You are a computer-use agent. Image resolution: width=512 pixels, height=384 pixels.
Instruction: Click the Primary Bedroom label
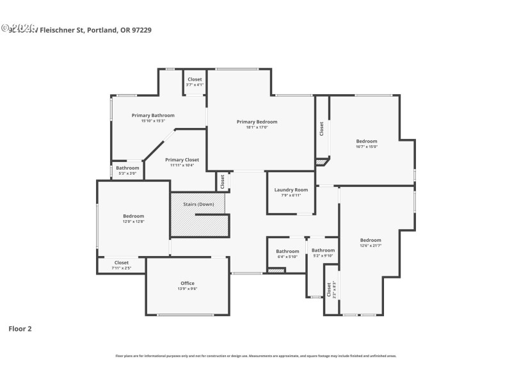coord(257,122)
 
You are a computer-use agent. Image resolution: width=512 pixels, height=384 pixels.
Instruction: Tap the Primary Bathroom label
coord(153,115)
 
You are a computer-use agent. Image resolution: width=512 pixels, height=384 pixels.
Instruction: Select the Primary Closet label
coord(182,159)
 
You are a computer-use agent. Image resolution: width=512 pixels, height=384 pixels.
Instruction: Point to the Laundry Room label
coord(291,189)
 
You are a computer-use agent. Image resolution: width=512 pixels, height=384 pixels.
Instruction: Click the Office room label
coord(187,283)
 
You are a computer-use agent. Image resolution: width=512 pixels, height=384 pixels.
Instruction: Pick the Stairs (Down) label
coord(198,204)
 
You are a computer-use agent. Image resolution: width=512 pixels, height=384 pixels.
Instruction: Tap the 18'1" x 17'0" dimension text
coord(257,127)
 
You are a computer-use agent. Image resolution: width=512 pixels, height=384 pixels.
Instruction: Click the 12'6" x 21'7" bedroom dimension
coord(371,246)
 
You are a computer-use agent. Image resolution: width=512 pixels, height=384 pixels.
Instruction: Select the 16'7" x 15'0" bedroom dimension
coord(367,147)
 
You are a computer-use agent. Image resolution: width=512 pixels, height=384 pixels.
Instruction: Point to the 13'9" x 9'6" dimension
coord(187,289)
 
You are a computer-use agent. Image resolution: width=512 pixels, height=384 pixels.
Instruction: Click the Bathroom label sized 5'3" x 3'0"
coord(127,168)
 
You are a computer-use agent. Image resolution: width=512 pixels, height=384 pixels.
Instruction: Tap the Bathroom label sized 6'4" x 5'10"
coord(287,251)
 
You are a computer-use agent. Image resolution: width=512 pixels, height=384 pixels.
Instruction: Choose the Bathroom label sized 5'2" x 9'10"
coord(323,250)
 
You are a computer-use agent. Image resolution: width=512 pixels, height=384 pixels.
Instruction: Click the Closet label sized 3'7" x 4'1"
coord(195,79)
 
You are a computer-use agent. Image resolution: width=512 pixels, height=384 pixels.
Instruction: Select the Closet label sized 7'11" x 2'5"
coord(121,262)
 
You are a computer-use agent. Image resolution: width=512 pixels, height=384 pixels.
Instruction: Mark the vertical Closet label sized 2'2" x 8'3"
coord(328,290)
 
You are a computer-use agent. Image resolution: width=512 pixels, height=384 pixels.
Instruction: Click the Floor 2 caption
coord(20,328)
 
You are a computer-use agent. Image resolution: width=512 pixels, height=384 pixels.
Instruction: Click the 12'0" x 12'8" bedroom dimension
coord(134,221)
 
